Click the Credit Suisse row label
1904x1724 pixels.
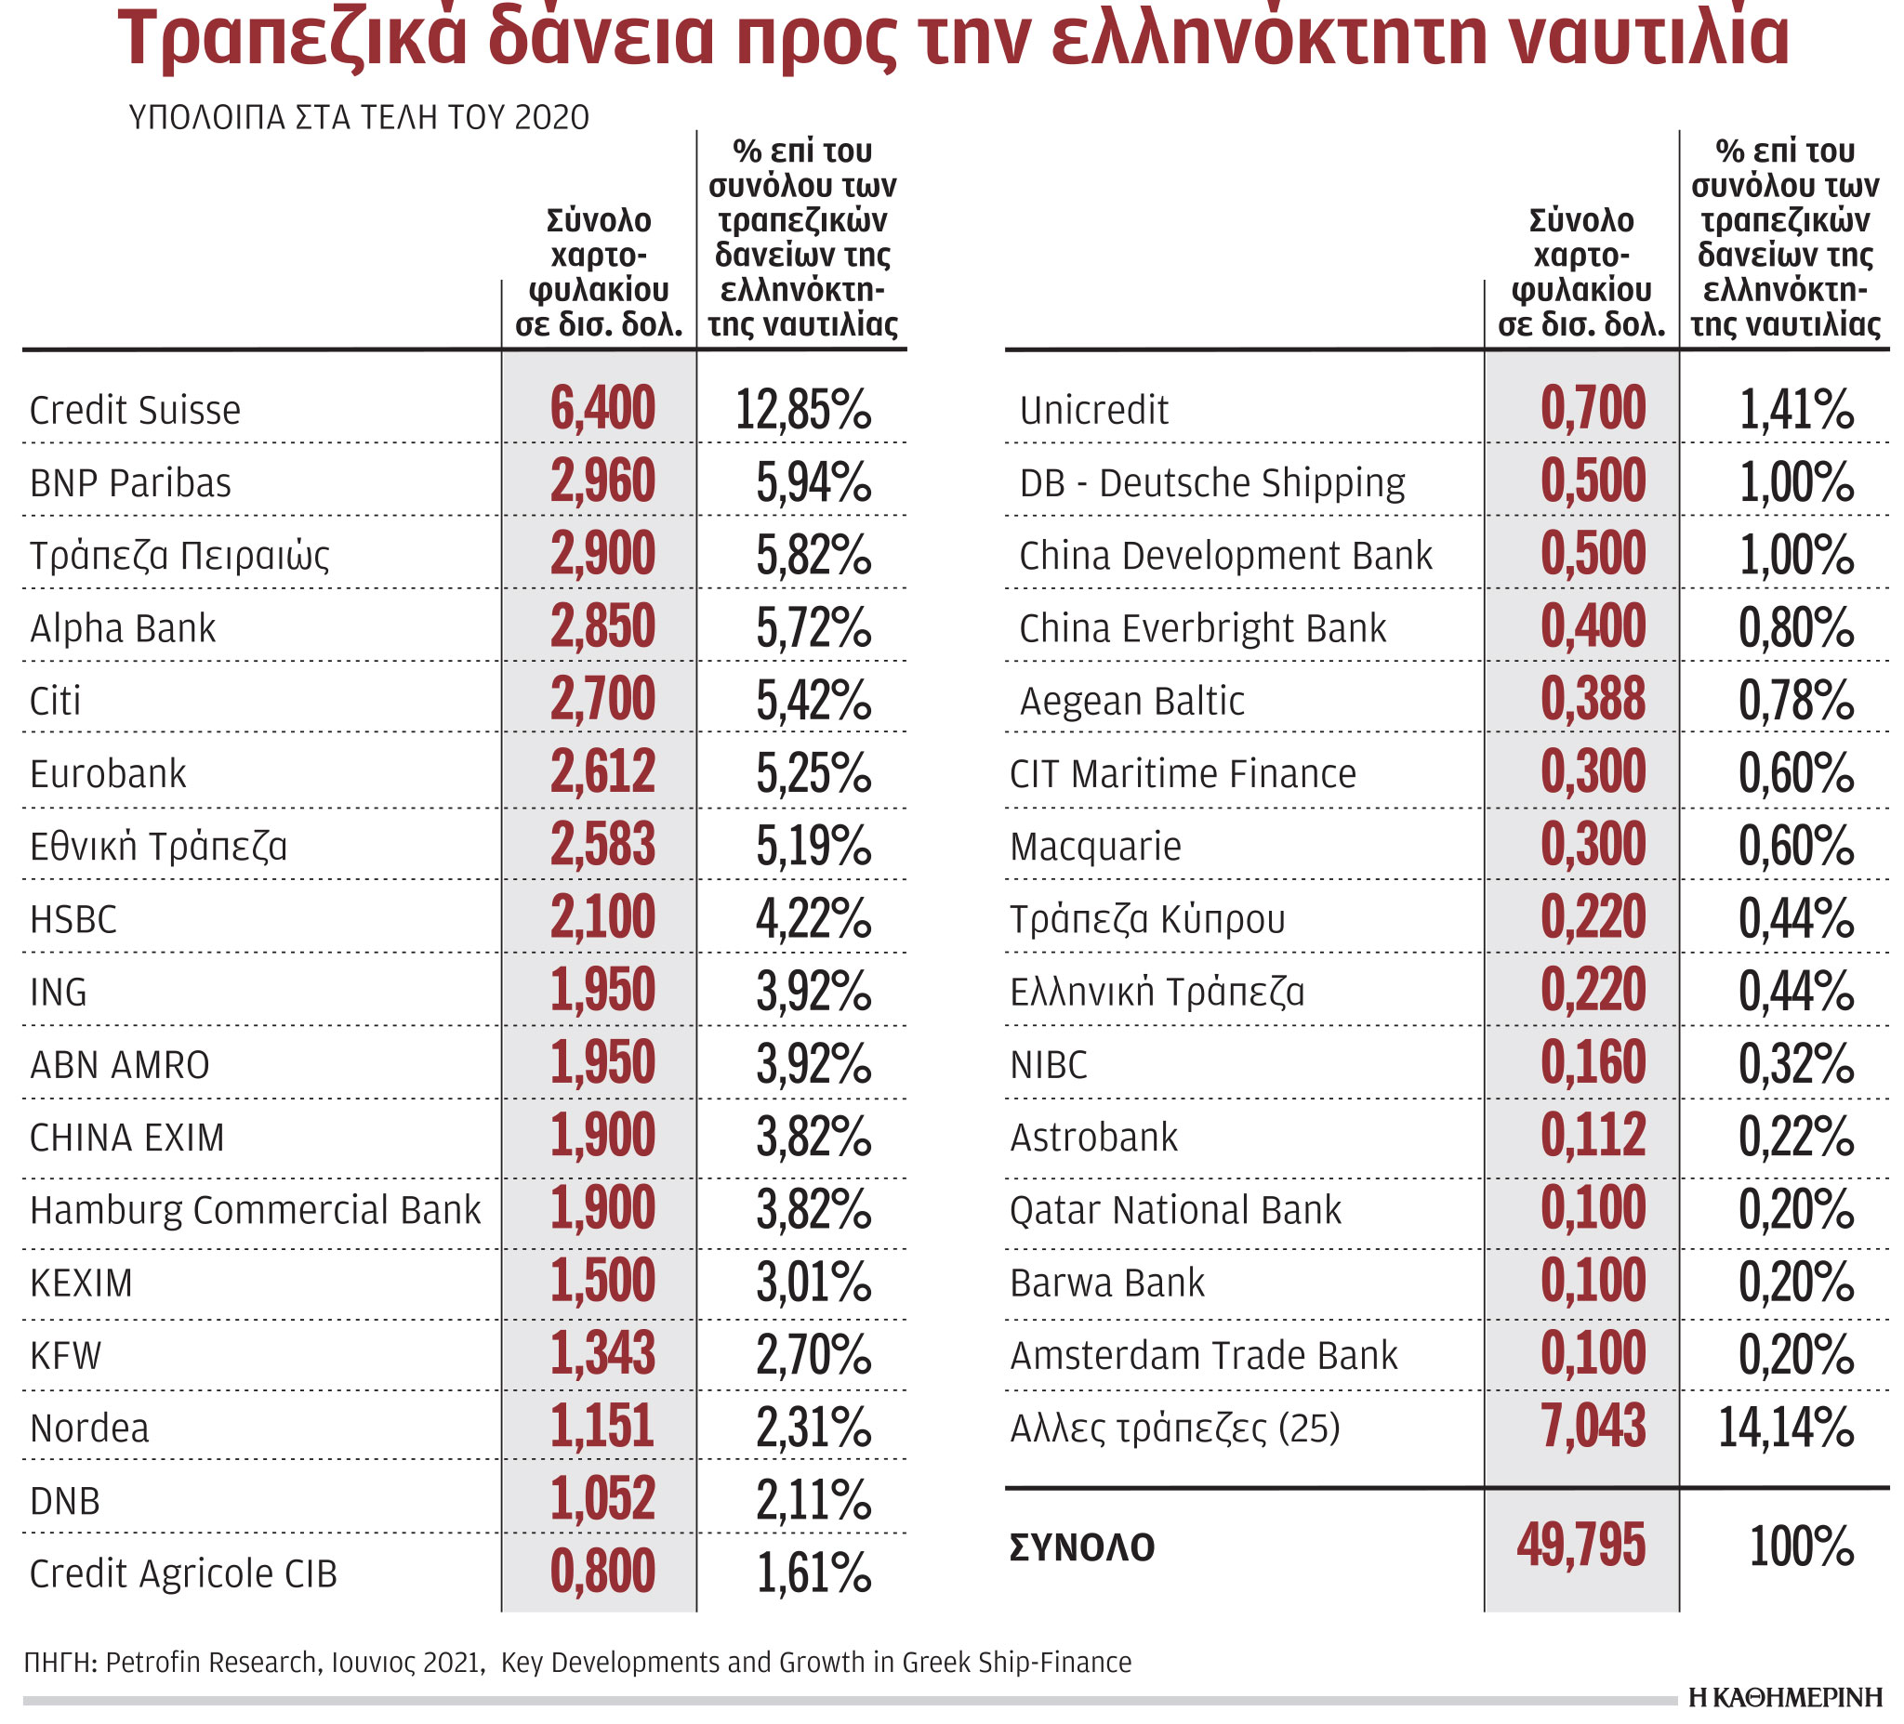point(135,411)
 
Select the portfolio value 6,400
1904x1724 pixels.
point(602,409)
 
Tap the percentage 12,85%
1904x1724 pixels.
point(802,410)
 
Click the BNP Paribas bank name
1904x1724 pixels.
point(130,483)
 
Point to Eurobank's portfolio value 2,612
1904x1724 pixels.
point(602,772)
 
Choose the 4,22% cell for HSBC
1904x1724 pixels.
point(813,918)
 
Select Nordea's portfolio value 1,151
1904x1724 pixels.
point(602,1427)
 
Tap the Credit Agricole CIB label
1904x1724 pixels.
point(183,1573)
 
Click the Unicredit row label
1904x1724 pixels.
point(1093,411)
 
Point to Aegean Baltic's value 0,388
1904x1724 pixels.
point(1593,700)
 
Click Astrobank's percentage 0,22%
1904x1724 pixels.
point(1796,1137)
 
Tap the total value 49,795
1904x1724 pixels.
point(1581,1546)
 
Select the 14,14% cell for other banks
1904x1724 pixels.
point(1786,1427)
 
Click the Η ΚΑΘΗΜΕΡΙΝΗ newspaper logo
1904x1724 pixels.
point(1786,1697)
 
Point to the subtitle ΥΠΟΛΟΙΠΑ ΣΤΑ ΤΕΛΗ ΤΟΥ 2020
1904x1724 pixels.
point(359,117)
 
